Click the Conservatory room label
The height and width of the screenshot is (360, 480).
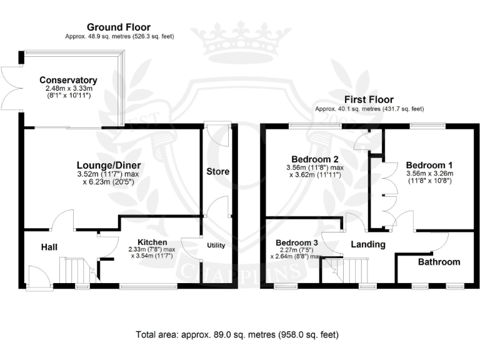[x=68, y=80]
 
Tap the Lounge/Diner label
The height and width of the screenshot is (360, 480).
[x=109, y=165]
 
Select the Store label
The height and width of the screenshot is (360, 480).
[x=218, y=171]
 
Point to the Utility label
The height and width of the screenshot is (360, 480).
[x=216, y=245]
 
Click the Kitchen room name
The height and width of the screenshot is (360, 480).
[x=152, y=242]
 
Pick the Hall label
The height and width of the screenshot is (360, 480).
[x=49, y=247]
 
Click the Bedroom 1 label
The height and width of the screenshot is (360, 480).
[x=429, y=165]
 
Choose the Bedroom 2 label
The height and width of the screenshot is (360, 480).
[x=315, y=159]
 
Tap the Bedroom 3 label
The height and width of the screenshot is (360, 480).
[x=297, y=242]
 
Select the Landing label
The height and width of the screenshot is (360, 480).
[x=368, y=244]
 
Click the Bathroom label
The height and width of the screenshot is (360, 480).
[x=439, y=262]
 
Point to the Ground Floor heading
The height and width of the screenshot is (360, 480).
[x=119, y=27]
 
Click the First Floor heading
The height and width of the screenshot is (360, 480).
[x=369, y=99]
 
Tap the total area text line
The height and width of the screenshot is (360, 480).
[x=237, y=334]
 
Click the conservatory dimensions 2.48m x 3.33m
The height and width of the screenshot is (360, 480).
[x=69, y=89]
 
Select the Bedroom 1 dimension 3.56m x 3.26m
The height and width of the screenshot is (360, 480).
[x=430, y=174]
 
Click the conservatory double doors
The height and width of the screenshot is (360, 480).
[x=12, y=89]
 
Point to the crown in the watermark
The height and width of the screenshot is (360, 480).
[x=241, y=43]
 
